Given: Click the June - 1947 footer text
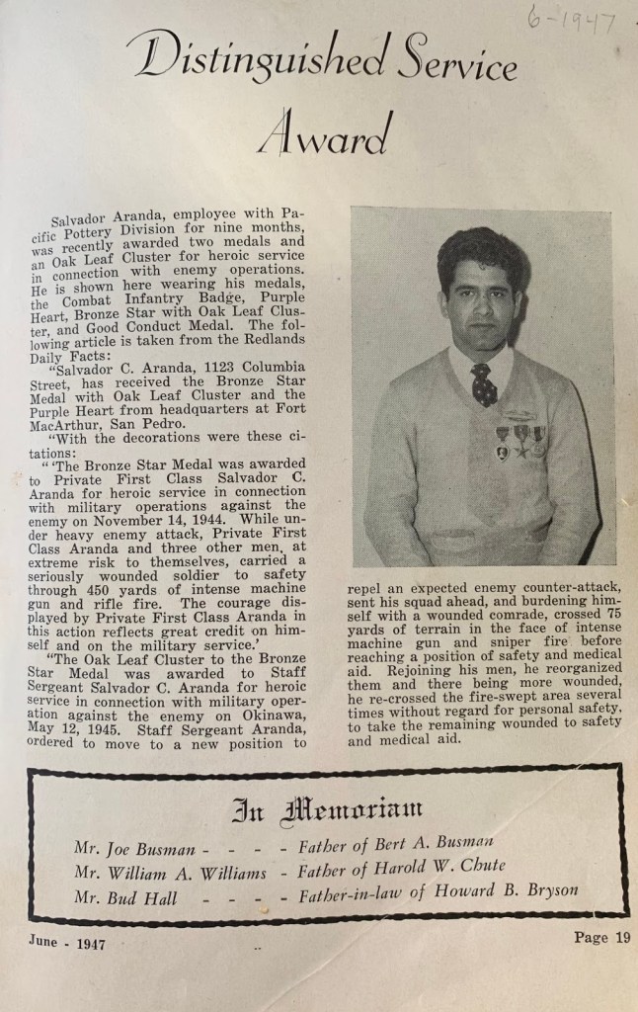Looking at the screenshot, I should [66, 944].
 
